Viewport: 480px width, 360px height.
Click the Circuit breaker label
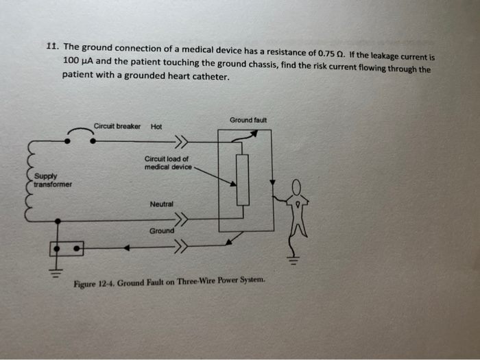click(x=117, y=126)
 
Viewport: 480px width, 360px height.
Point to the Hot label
click(x=156, y=126)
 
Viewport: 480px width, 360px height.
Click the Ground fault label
click(x=248, y=120)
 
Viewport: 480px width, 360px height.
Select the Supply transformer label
click(x=52, y=180)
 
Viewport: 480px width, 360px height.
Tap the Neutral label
click(x=162, y=204)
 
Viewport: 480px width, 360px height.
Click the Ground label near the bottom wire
click(x=162, y=231)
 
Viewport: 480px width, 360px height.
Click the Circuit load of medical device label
click(x=167, y=162)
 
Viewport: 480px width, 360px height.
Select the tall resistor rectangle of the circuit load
click(x=242, y=180)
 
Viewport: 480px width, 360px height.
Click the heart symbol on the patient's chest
click(x=298, y=204)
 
